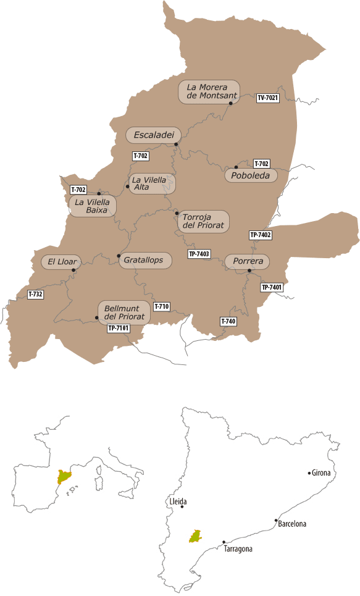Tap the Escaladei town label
pos(153,135)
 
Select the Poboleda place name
pos(251,175)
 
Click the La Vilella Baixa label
pos(92,206)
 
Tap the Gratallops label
pos(143,261)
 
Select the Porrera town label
pos(248,262)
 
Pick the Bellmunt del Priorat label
pos(124,313)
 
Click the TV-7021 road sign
pos(267,98)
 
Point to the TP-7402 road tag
pos(261,235)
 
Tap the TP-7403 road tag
pos(199,254)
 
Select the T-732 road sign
pos(36,295)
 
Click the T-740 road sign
pos(228,321)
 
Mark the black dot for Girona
pos(309,473)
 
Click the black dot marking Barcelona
pos(276,521)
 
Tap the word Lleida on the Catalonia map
pos(177,502)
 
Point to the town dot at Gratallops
pos(119,256)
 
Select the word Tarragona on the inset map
pos(238,548)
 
